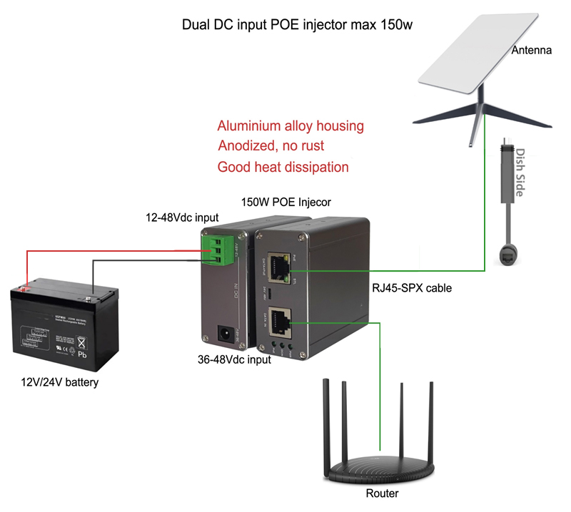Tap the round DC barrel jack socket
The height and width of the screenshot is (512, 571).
click(x=222, y=332)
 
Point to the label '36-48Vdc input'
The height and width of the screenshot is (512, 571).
click(x=234, y=359)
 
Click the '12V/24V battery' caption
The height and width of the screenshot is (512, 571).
click(x=59, y=382)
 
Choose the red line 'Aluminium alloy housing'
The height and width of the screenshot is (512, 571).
click(x=290, y=126)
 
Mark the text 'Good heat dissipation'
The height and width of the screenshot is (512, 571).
click(x=283, y=168)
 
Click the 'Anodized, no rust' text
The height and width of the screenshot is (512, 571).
click(x=271, y=146)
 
